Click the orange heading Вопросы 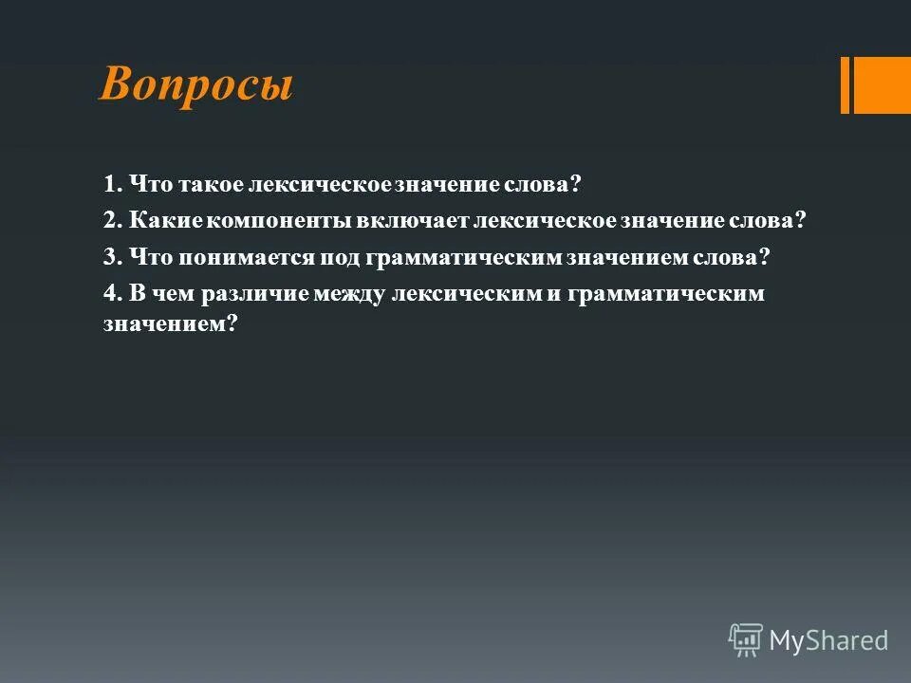coord(196,85)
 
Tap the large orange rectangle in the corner coord(882,85)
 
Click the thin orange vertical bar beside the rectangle coord(845,85)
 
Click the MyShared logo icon coord(745,640)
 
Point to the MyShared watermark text coord(828,640)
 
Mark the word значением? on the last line coord(169,323)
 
